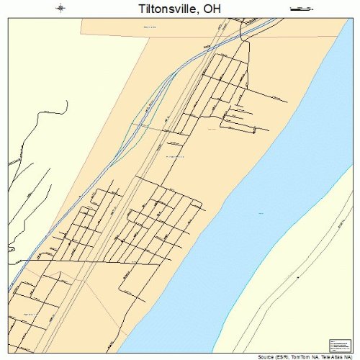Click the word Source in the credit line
click(266, 356)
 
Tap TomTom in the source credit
click(302, 356)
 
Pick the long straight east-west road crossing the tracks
click(43, 258)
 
